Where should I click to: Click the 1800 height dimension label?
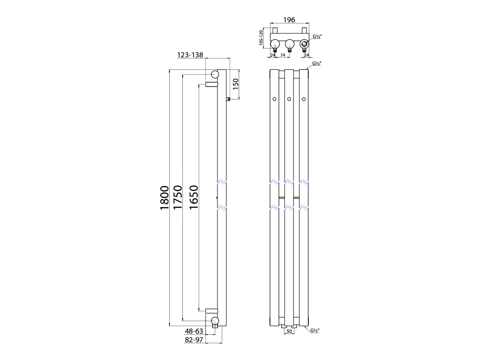pyautogui.click(x=165, y=197)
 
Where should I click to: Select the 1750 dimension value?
pyautogui.click(x=178, y=197)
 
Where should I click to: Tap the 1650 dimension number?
pyautogui.click(x=194, y=197)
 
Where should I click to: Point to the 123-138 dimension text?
pyautogui.click(x=190, y=55)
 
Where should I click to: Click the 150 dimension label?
pyautogui.click(x=235, y=84)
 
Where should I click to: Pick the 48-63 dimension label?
pyautogui.click(x=194, y=331)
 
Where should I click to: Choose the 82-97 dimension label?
pyautogui.click(x=194, y=339)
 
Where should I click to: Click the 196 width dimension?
pyautogui.click(x=289, y=20)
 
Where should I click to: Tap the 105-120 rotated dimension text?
pyautogui.click(x=261, y=37)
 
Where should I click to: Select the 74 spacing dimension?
pyautogui.click(x=283, y=55)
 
